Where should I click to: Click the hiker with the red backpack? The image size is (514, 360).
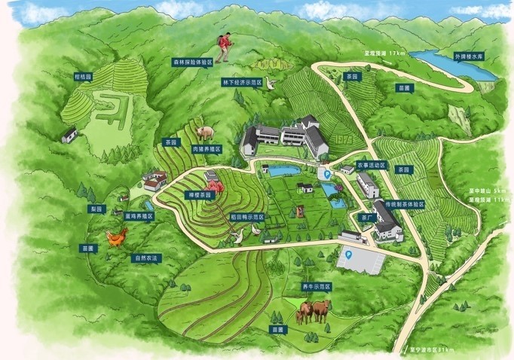click(x=224, y=47)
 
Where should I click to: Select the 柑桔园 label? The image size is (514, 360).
click(x=82, y=76)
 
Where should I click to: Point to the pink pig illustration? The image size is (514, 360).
click(x=204, y=133)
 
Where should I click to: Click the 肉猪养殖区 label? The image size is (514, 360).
click(x=205, y=149)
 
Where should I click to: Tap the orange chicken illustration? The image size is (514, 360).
click(x=115, y=237)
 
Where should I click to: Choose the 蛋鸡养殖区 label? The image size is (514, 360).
click(x=139, y=215)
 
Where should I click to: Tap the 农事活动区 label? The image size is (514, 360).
click(x=371, y=164)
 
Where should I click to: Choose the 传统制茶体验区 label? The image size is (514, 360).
click(x=405, y=204)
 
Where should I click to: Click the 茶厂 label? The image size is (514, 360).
click(x=367, y=218)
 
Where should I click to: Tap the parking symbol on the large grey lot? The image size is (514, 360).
click(x=347, y=255)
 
